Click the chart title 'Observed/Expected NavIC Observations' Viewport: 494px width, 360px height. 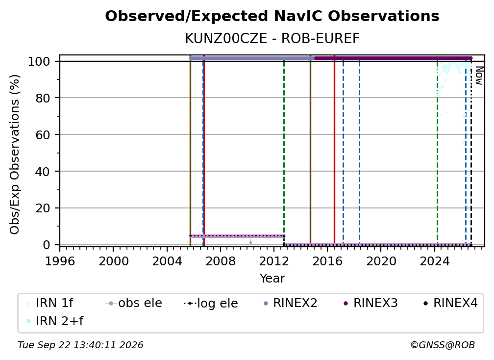272,16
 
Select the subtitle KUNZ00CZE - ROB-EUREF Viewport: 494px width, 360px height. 272,39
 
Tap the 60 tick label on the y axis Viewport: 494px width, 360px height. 43,135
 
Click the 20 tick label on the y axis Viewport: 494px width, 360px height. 43,208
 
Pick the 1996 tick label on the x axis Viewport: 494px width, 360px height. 60,261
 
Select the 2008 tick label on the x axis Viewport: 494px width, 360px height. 221,261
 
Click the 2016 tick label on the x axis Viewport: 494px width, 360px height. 327,261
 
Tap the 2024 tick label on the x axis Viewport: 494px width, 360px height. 434,261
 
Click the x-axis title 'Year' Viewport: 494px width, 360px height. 272,279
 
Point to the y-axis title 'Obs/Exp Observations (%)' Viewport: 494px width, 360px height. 15,154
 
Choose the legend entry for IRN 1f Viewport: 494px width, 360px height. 50,303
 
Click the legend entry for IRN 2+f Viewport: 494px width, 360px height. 55,321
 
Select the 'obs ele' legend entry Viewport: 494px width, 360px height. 134,303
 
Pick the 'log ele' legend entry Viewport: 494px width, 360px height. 211,303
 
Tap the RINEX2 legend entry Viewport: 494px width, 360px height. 290,303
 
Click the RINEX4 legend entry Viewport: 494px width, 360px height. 450,303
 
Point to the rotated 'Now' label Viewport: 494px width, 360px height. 479,76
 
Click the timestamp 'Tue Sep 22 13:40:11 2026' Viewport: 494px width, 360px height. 80,345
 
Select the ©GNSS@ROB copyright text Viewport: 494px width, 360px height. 443,345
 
